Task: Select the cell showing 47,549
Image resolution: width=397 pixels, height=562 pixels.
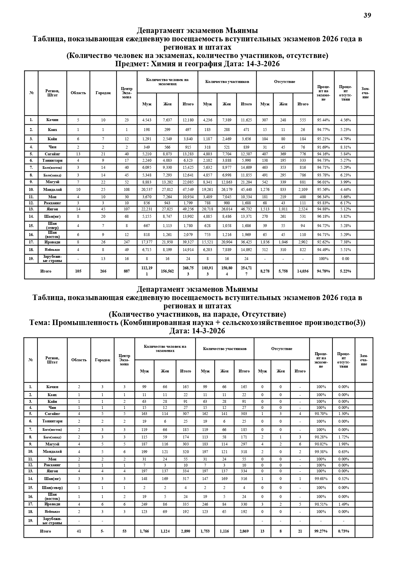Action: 188,190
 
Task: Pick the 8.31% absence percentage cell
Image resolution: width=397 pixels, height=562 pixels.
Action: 345,147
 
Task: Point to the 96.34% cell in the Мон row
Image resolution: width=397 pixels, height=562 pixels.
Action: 323,197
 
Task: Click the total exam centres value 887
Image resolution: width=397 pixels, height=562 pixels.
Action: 127,271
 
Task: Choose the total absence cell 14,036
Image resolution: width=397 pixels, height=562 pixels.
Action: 303,271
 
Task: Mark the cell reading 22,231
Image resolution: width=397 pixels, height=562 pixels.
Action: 147,209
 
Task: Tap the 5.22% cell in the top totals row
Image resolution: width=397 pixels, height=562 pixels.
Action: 345,271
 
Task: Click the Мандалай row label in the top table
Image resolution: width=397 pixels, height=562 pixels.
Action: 52,190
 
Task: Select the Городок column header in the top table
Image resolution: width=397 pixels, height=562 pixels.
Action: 103,93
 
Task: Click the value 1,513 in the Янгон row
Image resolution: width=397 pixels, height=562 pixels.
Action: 265,209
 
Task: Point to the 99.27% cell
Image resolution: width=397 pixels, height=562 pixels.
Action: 321,531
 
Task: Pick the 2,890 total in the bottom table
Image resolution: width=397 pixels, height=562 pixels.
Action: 186,531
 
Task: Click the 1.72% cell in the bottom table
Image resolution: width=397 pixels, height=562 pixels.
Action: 344,437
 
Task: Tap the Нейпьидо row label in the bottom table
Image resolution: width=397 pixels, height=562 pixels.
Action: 52,512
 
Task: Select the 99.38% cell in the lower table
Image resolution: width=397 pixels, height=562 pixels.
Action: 321,452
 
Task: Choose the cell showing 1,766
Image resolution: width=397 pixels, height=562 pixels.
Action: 144,531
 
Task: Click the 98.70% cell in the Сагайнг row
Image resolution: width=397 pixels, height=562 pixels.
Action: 321,414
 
